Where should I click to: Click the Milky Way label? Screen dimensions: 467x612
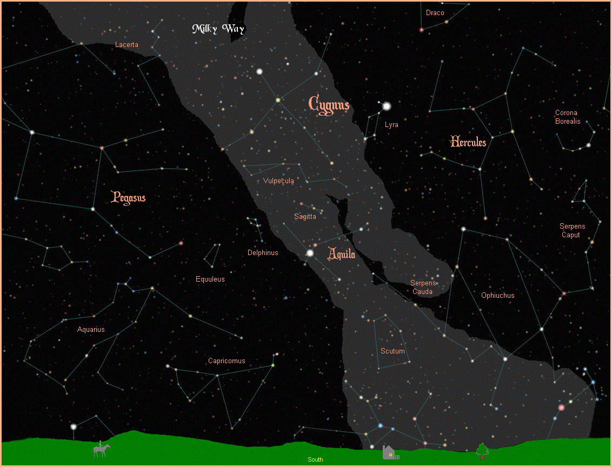218,29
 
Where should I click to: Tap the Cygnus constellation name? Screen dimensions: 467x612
329,103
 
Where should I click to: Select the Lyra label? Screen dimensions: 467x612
391,125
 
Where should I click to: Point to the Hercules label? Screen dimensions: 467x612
468,142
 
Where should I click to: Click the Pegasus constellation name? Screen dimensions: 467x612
128,197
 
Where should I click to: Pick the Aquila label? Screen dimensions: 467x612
342,253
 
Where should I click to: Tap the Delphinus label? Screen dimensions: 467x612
263,252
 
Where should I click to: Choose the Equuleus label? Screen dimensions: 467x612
210,279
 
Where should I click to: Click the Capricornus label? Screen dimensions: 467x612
227,361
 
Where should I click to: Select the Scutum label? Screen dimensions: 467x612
393,351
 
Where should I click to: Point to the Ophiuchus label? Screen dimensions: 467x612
498,296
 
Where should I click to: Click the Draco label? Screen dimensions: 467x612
435,13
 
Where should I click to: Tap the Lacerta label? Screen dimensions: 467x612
127,45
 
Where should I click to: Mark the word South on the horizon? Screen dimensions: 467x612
315,459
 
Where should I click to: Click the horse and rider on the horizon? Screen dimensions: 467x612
102,449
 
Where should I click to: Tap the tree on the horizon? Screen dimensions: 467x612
482,450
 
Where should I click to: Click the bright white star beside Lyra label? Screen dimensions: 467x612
387,106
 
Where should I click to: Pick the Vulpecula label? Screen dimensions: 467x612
278,181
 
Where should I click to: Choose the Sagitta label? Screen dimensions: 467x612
305,217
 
